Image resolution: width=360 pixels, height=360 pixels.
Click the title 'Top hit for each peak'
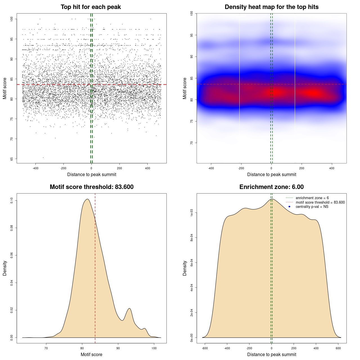pyautogui.click(x=91, y=7)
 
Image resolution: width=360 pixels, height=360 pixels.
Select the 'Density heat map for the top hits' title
pyautogui.click(x=271, y=7)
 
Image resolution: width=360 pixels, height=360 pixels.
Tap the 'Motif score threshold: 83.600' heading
pyautogui.click(x=91, y=187)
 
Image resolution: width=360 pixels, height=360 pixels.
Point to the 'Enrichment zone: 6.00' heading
pyautogui.click(x=271, y=187)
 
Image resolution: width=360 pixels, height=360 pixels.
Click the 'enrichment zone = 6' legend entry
pyautogui.click(x=312, y=198)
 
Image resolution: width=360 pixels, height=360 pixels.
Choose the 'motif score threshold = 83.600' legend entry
pyautogui.click(x=320, y=202)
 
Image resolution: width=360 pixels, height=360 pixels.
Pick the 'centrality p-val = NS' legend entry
pyautogui.click(x=312, y=207)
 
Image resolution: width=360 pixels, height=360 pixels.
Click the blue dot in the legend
pyautogui.click(x=289, y=207)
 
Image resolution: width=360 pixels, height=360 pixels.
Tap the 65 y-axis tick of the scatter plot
pyautogui.click(x=12, y=159)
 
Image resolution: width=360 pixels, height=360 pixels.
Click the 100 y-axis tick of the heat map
pyautogui.click(x=192, y=13)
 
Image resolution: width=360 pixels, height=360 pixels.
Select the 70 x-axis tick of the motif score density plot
pyautogui.click(x=46, y=348)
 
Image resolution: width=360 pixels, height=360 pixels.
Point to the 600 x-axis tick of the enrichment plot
pyautogui.click(x=338, y=348)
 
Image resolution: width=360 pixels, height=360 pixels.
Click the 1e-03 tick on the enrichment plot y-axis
pyautogui.click(x=192, y=213)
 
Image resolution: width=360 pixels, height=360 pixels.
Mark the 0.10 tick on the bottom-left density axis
pyautogui.click(x=12, y=200)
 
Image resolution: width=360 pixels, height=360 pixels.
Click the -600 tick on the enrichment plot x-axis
pyautogui.click(x=205, y=348)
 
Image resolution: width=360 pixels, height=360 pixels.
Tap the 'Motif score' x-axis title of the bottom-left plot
pyautogui.click(x=91, y=354)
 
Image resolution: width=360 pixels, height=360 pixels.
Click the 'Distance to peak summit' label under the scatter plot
pyautogui.click(x=92, y=174)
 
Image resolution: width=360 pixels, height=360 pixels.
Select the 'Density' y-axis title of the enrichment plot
pyautogui.click(x=185, y=268)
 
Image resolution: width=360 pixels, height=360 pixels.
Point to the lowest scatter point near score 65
pyautogui.click(x=43, y=157)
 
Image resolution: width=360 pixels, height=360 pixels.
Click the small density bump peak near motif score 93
pyautogui.click(x=129, y=309)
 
